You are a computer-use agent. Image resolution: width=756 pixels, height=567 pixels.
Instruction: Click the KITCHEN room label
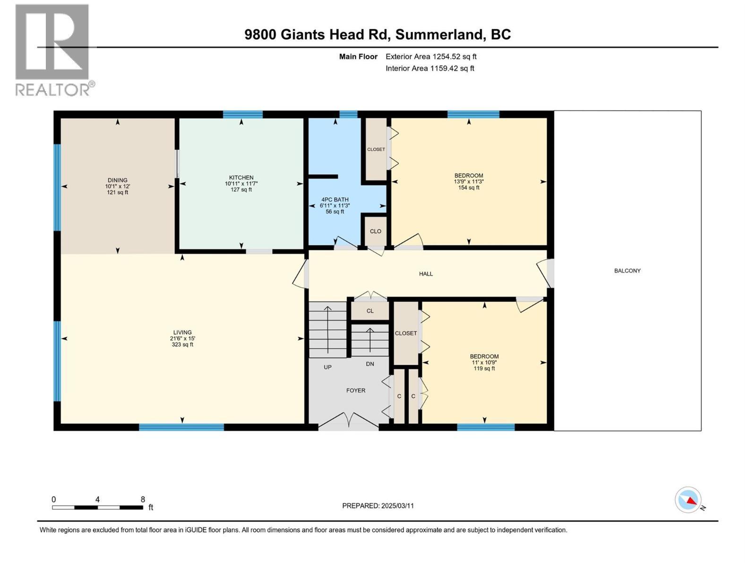pos(241,178)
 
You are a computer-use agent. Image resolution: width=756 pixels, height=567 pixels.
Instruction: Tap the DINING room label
pos(117,180)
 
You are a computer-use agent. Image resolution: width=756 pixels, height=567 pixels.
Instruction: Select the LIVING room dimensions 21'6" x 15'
pos(182,338)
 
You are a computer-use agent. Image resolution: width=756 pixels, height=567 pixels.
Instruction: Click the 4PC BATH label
pos(335,199)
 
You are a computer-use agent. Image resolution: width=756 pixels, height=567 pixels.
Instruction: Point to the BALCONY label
pos(627,271)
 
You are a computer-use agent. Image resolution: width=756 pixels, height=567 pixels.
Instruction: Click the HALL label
pos(426,274)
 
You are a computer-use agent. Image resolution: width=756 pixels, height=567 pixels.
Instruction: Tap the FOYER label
pos(355,390)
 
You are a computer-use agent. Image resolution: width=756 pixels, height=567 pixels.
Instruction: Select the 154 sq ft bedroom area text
pos(469,188)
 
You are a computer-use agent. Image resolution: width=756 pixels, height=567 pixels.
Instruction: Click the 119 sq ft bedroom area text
pos(484,369)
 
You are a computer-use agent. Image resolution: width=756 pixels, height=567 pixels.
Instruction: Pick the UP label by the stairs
pos(327,367)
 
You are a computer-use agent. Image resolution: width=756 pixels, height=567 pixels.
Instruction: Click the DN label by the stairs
pos(370,364)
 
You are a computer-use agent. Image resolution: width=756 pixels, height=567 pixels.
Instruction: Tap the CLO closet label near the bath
pos(375,231)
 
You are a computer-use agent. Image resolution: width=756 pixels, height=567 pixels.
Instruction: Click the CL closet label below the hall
pos(370,311)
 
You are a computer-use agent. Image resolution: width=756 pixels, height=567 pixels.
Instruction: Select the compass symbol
pos(688,500)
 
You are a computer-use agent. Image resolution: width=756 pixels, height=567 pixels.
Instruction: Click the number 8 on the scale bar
pos(143,499)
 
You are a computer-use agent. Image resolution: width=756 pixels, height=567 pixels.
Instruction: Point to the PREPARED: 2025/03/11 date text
pos(378,506)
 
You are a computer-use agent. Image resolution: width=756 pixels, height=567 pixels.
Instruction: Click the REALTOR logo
pos(53,50)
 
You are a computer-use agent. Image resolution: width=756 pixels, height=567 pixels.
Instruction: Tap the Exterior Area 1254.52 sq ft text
pos(431,57)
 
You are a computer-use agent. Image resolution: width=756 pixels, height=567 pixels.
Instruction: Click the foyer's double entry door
pos(348,421)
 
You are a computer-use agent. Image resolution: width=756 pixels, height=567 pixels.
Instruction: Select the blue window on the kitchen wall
pos(242,114)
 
